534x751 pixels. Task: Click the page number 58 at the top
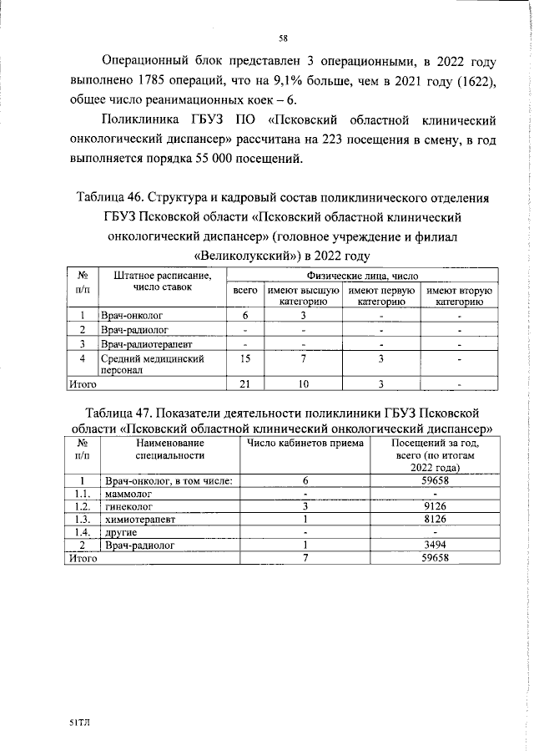point(283,37)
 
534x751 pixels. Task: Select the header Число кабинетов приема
point(305,444)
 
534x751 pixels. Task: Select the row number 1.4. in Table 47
point(82,532)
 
